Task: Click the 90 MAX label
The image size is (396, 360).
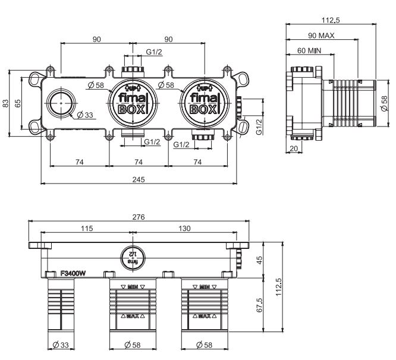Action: (322, 36)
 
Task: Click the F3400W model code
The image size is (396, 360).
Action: (73, 274)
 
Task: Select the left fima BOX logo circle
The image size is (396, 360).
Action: (129, 103)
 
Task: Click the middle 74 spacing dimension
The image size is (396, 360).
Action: (138, 161)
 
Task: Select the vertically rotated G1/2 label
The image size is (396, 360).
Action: (259, 126)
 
